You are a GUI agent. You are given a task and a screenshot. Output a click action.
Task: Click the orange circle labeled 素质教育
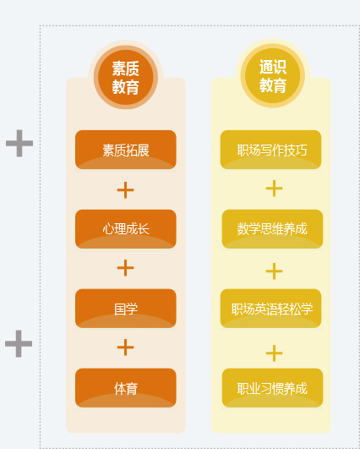[126, 77]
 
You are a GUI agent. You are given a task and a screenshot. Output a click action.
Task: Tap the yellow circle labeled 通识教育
[273, 75]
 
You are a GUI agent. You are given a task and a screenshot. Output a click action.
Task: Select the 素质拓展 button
[126, 150]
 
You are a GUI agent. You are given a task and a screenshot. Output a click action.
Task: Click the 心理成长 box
[126, 229]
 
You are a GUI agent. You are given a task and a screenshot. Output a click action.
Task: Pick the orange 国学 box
[126, 309]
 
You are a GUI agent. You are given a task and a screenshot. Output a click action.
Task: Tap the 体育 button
[126, 388]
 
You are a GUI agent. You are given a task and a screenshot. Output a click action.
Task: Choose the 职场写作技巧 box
[270, 150]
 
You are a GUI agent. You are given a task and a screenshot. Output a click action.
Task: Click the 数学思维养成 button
[272, 229]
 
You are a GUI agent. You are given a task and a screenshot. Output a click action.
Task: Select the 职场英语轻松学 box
[270, 309]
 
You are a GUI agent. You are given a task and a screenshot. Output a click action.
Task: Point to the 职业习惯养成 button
[272, 388]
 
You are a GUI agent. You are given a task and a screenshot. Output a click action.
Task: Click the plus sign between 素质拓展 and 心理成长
[125, 190]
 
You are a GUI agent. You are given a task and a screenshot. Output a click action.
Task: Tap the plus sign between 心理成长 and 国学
[125, 268]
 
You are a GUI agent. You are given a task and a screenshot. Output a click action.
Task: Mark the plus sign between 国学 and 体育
[125, 348]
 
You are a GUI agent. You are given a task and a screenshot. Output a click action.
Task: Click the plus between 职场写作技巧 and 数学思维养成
[274, 189]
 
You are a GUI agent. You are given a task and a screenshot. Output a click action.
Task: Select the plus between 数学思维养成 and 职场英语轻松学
[274, 271]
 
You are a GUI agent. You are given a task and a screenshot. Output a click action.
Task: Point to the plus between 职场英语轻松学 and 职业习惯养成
[274, 353]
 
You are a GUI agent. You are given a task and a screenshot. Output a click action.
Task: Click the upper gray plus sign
[19, 143]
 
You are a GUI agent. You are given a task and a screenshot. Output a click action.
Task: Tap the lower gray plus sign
[19, 343]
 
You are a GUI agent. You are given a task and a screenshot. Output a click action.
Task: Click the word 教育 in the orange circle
[126, 86]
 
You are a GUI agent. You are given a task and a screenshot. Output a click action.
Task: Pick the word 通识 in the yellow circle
[273, 67]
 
